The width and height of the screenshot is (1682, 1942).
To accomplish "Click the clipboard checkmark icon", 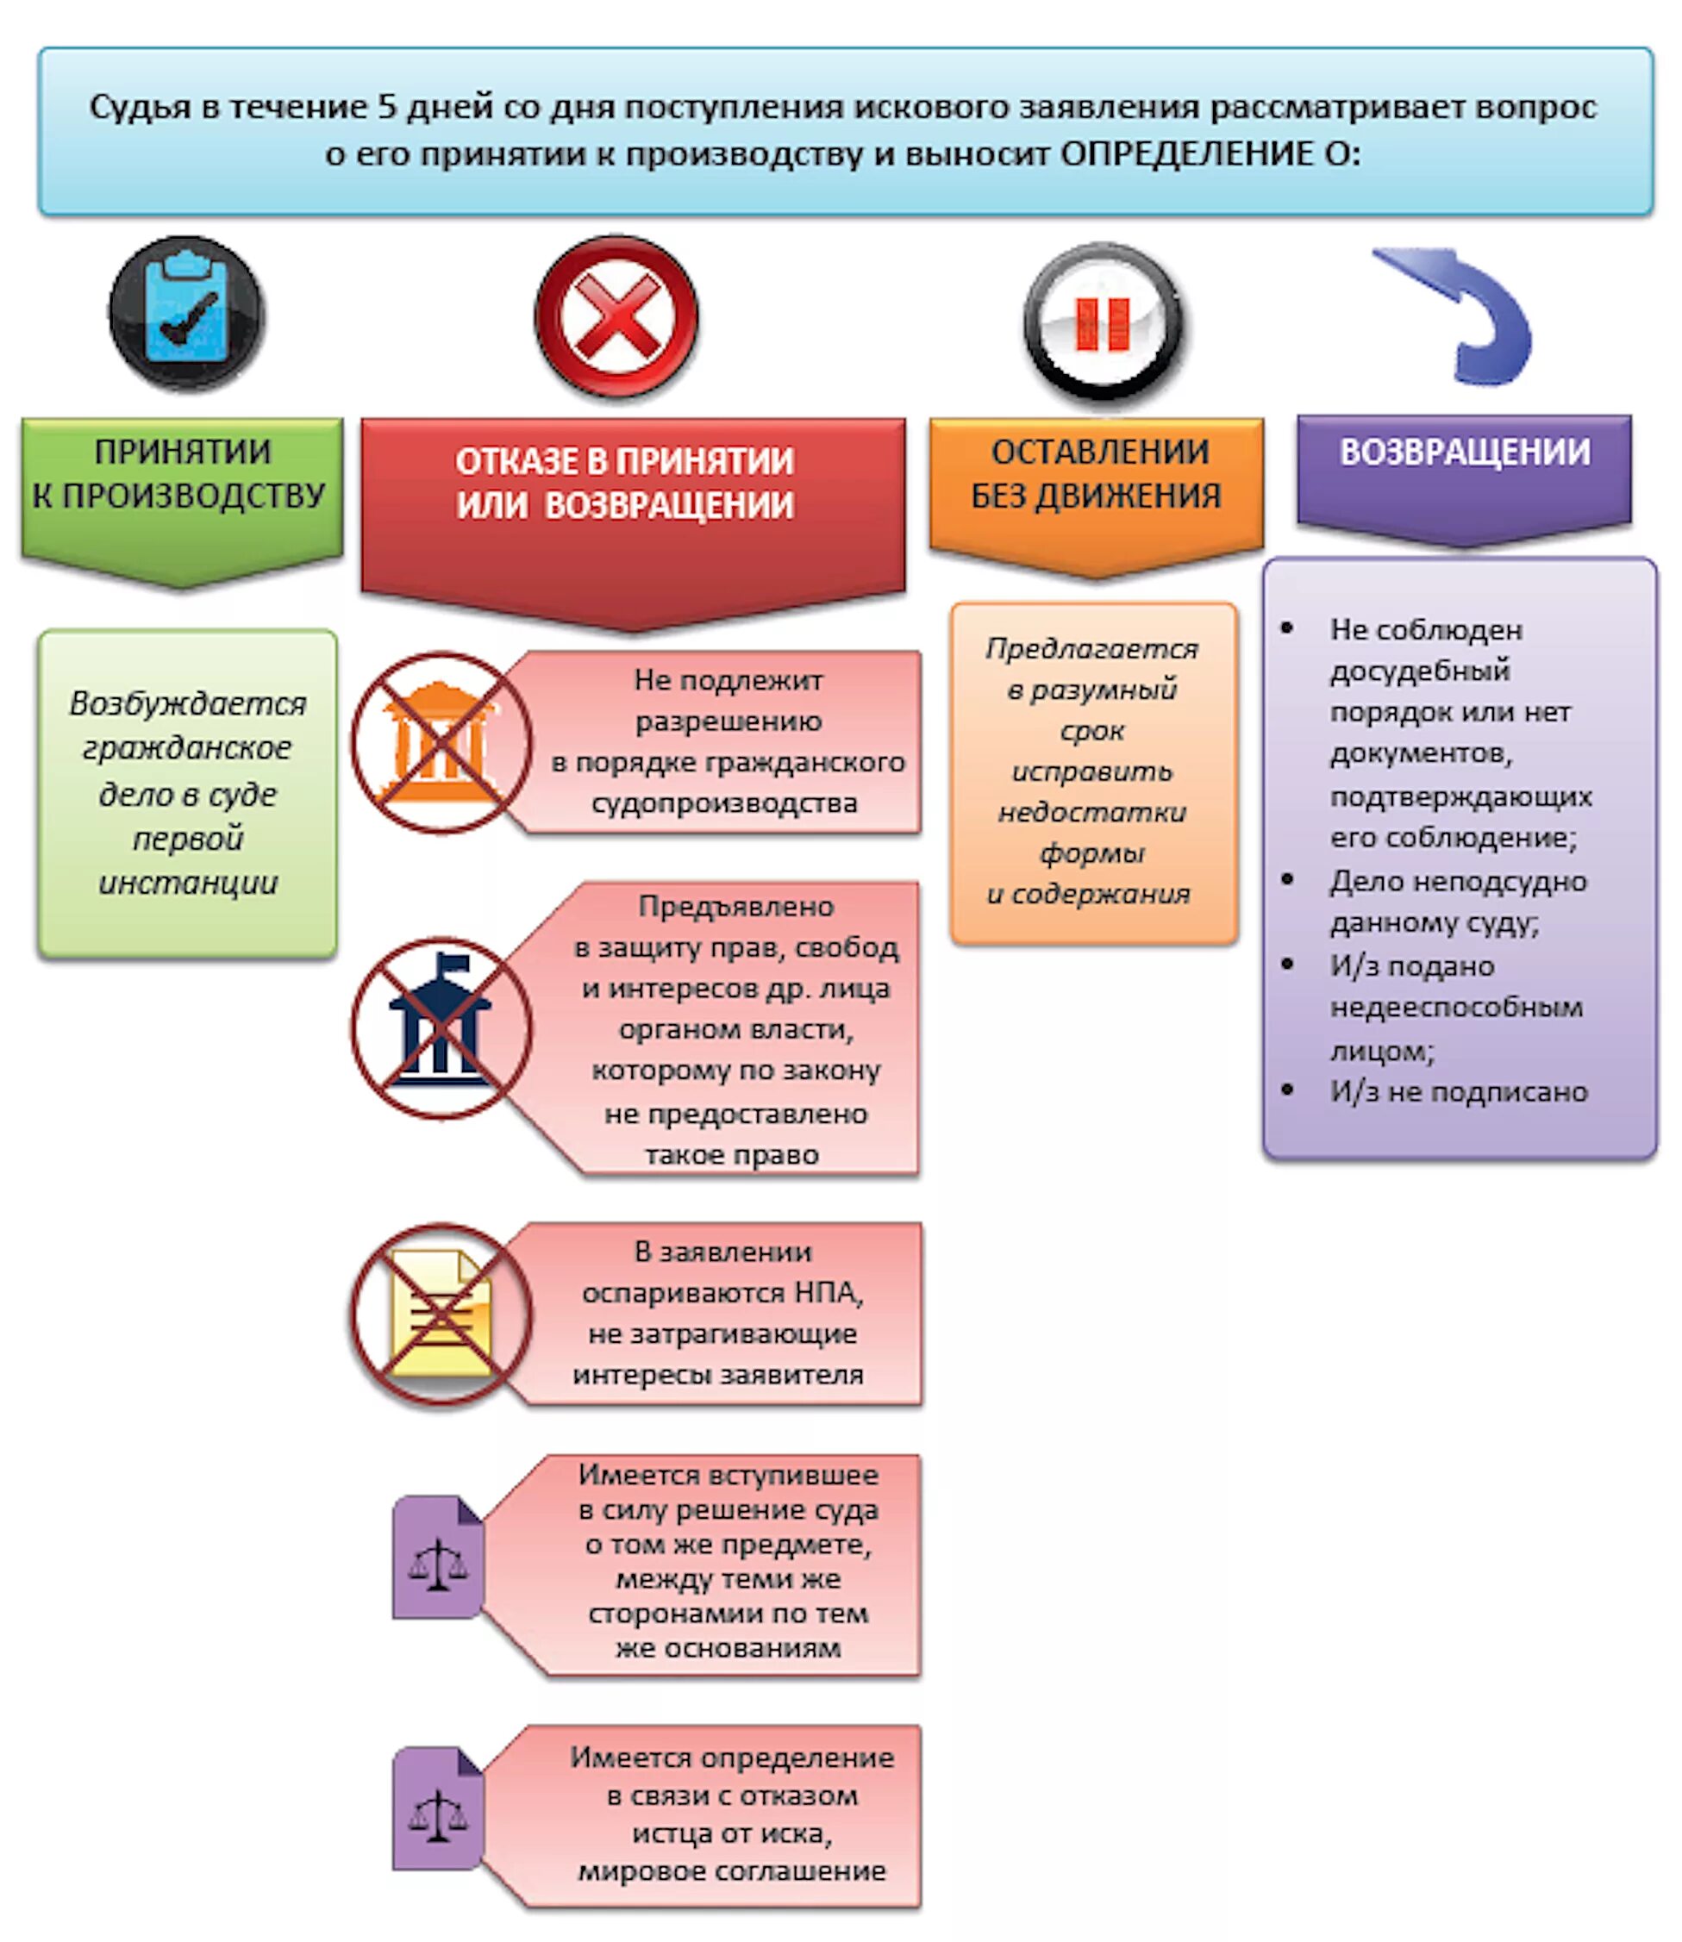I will click(187, 313).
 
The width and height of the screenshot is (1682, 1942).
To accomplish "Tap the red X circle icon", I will click(616, 316).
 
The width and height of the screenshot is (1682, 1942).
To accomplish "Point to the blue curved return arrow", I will click(1464, 315).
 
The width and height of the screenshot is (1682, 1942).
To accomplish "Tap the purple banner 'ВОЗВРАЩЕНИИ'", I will click(1464, 454).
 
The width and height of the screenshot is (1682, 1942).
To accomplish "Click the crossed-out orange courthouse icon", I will click(441, 743).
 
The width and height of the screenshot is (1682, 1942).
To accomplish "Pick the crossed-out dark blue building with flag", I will click(441, 1028).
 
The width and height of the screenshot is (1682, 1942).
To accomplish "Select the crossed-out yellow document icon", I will click(441, 1314).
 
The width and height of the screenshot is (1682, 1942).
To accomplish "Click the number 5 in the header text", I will click(387, 107).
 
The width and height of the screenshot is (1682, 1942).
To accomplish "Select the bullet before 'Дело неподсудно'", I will click(1288, 879).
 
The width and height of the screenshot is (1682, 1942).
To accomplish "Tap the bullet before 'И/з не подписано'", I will click(1288, 1090).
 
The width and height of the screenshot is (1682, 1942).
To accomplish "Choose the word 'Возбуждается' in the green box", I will click(188, 704).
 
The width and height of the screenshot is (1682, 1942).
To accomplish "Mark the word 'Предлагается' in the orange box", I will click(1091, 648).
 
